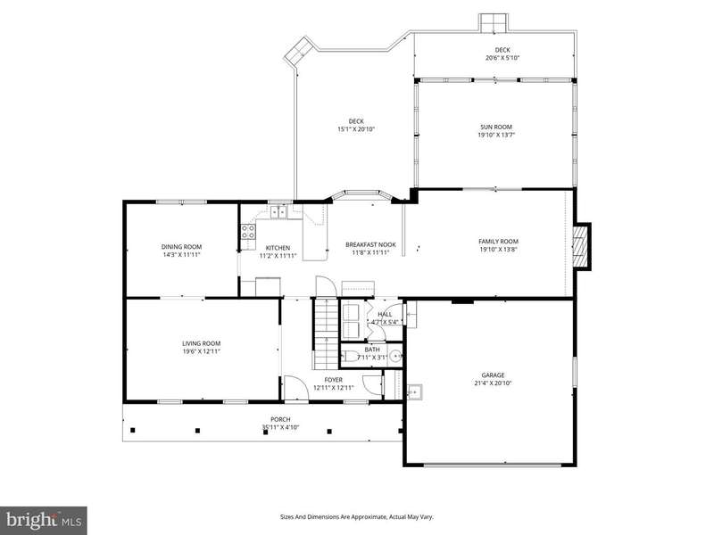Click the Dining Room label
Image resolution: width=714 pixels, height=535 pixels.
coord(181,247)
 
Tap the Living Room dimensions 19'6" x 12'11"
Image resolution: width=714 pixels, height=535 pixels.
coord(202,351)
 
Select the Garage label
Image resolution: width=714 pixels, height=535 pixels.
coord(493,375)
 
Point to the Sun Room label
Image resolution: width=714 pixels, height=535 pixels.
coord(496,127)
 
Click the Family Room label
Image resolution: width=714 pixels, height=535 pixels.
coord(498,242)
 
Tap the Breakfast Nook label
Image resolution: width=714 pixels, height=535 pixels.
coord(370,244)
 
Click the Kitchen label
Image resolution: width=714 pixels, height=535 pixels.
coord(278,248)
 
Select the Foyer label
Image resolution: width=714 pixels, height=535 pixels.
coord(333,380)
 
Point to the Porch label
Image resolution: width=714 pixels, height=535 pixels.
coord(280,419)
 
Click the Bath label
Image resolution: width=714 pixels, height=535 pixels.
coord(372,350)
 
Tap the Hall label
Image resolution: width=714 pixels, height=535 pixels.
coord(385,315)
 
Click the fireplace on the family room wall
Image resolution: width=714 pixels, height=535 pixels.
coord(582,246)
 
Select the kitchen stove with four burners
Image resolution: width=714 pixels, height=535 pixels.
coord(248,232)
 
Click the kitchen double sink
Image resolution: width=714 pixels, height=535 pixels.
coord(278,211)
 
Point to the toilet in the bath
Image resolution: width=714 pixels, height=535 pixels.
coord(349,356)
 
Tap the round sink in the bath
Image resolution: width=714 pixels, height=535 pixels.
coord(396,356)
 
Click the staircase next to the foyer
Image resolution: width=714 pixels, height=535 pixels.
coord(326,333)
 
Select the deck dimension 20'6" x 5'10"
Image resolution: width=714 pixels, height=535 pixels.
coord(502,58)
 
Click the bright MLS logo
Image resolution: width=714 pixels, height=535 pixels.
coord(43,520)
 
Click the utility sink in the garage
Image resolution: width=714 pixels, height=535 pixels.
coord(414,391)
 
